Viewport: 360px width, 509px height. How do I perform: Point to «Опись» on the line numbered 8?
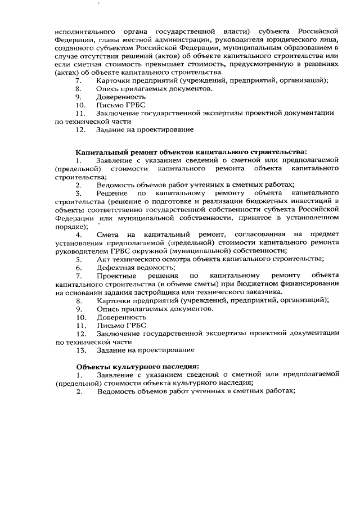(x=107, y=88)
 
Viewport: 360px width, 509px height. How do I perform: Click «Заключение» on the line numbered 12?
(x=120, y=333)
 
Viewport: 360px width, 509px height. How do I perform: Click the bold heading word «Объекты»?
(x=93, y=367)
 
